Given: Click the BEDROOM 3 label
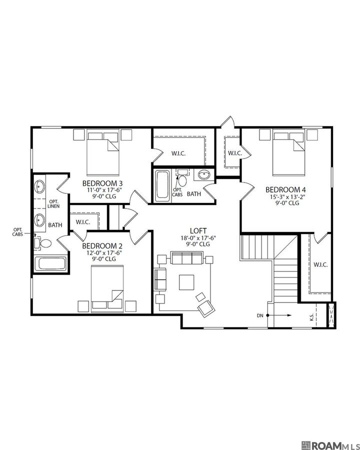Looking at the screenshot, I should pyautogui.click(x=102, y=183).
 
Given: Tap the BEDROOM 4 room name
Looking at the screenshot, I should pyautogui.click(x=285, y=189).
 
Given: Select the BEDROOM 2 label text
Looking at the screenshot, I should pyautogui.click(x=102, y=245).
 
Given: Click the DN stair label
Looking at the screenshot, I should pyautogui.click(x=259, y=315).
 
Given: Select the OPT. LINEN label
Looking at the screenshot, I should pyautogui.click(x=53, y=203).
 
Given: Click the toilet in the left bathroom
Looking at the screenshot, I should pyautogui.click(x=44, y=244).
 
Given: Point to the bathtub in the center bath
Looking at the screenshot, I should pyautogui.click(x=161, y=185).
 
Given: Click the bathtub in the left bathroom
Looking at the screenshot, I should pyautogui.click(x=50, y=264).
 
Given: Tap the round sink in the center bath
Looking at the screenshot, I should pyautogui.click(x=204, y=175).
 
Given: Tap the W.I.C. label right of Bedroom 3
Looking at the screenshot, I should pyautogui.click(x=178, y=153).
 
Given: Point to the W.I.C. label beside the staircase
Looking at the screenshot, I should pyautogui.click(x=320, y=264).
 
